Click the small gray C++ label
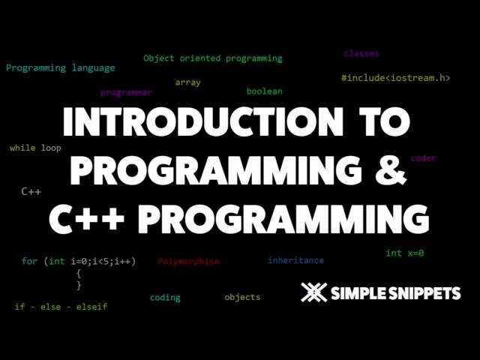(31, 192)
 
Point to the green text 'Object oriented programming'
(213, 58)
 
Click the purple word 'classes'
(361, 54)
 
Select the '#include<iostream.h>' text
(396, 78)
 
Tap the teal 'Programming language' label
(61, 68)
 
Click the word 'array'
(188, 82)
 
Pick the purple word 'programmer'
(126, 93)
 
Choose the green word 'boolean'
(265, 91)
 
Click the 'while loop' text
(36, 148)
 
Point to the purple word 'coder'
(423, 158)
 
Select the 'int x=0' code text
(405, 253)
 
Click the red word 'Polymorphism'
(189, 262)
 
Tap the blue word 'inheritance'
(296, 260)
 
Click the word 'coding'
(165, 298)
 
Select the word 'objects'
(242, 298)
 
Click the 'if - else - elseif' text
(61, 307)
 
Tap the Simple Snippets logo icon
(313, 292)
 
